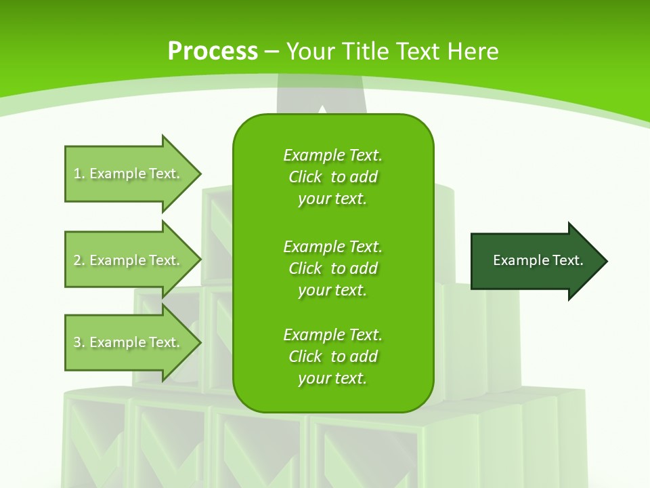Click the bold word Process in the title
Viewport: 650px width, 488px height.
click(x=213, y=52)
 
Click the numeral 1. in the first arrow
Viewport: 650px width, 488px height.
click(x=79, y=174)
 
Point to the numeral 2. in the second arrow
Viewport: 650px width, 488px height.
click(x=79, y=260)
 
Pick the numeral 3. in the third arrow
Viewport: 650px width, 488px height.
click(x=79, y=342)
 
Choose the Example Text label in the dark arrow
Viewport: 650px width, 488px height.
click(x=538, y=260)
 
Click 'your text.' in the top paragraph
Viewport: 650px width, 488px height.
click(x=332, y=199)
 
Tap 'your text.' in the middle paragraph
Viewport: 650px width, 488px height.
click(x=332, y=290)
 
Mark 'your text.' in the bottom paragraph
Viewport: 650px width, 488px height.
click(x=332, y=379)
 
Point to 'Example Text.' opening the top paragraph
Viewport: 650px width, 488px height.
click(x=332, y=155)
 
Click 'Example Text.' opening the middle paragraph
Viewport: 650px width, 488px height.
click(x=332, y=247)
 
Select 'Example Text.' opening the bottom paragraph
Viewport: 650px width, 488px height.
click(x=332, y=335)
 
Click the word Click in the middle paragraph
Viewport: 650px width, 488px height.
click(x=305, y=268)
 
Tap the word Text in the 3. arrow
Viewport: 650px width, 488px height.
click(x=165, y=342)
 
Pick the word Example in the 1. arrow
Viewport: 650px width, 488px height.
click(x=118, y=174)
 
